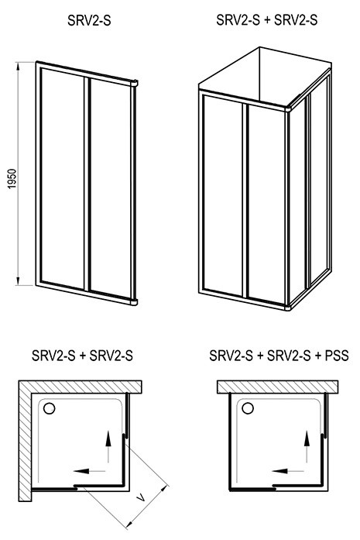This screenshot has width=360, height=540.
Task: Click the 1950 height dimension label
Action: click(x=12, y=178)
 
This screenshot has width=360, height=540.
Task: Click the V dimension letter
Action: click(x=140, y=497)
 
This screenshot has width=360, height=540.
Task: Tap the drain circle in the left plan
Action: click(x=50, y=408)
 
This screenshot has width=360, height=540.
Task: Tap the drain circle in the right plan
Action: click(x=248, y=408)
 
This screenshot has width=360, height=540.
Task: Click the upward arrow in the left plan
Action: click(x=108, y=447)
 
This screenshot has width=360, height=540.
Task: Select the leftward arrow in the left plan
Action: click(x=89, y=471)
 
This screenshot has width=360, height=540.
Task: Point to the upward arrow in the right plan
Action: click(x=307, y=446)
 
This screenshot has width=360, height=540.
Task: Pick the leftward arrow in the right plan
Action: click(x=288, y=471)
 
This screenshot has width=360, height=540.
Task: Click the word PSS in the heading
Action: click(x=336, y=355)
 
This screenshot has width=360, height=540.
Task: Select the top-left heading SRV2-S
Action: click(x=89, y=21)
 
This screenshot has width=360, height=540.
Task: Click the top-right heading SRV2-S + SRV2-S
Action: click(x=267, y=20)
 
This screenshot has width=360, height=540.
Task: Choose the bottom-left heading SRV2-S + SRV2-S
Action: click(x=82, y=355)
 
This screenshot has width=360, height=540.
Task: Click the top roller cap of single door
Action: click(x=134, y=83)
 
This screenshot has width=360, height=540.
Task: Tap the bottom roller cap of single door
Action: click(x=134, y=302)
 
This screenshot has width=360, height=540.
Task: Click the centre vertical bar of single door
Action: click(x=86, y=183)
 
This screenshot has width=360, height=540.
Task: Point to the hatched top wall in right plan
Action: click(x=277, y=387)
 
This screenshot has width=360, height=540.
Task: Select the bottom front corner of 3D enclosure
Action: click(x=288, y=308)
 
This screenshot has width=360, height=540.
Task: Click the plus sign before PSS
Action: click(x=318, y=356)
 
